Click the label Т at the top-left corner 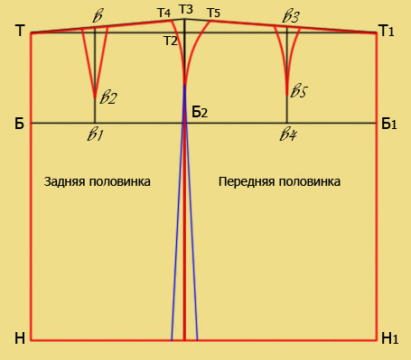click(20, 31)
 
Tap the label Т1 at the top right click(388, 31)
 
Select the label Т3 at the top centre click(186, 9)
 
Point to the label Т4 click(164, 13)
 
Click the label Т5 click(214, 13)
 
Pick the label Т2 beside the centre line click(171, 41)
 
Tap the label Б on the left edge click(19, 124)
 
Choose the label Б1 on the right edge click(389, 124)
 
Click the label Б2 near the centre click(200, 112)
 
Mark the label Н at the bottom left click(20, 338)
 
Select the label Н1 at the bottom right click(390, 338)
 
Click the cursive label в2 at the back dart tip click(108, 97)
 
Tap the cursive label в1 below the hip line click(96, 134)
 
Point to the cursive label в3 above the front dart click(291, 17)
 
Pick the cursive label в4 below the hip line click(288, 134)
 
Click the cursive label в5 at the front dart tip click(299, 91)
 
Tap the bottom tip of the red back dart click(95, 97)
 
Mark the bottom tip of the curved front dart click(287, 95)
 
